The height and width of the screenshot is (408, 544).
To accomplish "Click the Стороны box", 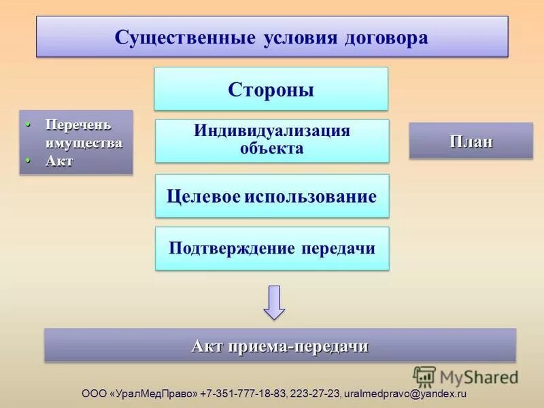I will coord(271,89).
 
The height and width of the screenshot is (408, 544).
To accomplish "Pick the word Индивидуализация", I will coord(271,131).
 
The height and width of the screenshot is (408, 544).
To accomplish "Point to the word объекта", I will coord(271,148).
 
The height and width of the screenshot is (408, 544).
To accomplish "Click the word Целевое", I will coord(202,197).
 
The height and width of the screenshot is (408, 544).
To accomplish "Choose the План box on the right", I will coord(471,141).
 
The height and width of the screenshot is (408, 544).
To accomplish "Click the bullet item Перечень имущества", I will coord(83,134).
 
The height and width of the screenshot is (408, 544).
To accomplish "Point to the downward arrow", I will coord(274,302).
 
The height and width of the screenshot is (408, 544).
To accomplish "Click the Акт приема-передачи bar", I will coord(279,346).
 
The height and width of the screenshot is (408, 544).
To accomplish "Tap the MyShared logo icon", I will coord(424,377).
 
